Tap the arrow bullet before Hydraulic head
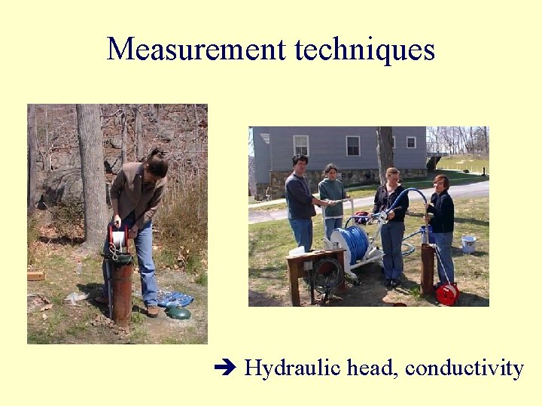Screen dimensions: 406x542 pos(225,368)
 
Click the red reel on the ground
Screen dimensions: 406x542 pos(448,294)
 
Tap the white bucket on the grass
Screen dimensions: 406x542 pos(468,244)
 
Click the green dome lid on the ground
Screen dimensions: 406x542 pos(177,311)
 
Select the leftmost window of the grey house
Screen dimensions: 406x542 pos(300,145)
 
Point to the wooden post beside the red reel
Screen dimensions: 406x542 pos(427,269)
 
